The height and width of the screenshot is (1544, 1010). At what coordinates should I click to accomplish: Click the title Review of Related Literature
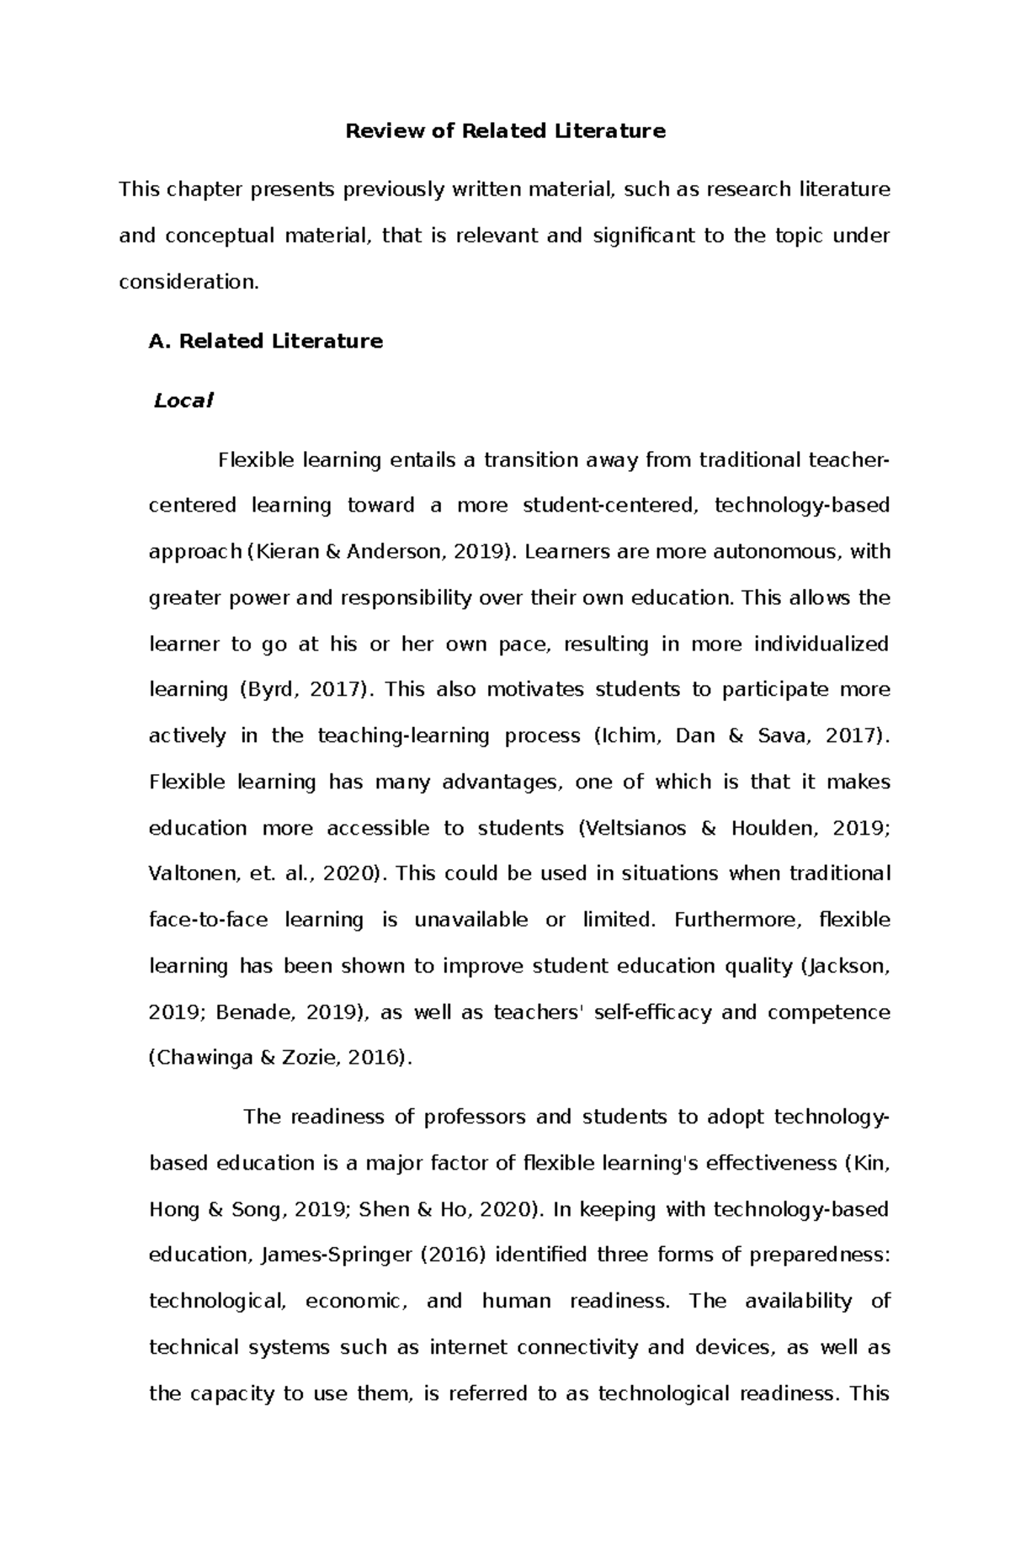[506, 131]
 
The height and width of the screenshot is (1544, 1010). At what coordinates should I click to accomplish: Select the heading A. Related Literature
[265, 342]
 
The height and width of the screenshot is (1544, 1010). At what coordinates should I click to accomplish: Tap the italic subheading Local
[183, 401]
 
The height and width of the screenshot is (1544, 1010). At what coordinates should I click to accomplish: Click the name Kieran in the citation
[285, 552]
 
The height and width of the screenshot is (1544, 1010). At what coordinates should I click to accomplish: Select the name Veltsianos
[635, 829]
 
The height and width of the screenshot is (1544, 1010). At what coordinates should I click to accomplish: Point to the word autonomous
[765, 552]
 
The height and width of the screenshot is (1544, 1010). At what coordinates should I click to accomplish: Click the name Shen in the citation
[383, 1210]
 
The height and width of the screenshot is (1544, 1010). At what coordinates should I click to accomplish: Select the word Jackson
[846, 967]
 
